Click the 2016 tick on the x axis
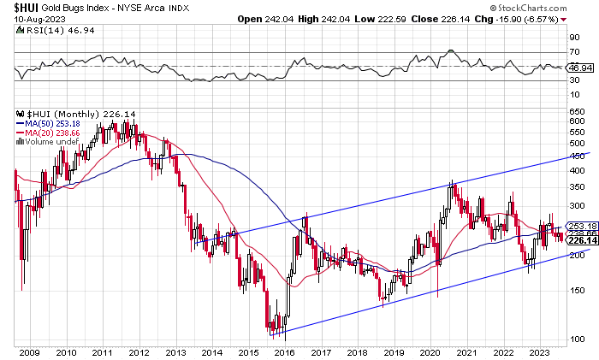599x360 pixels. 286,351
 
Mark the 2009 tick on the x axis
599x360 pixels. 31,351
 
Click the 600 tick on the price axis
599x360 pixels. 578,121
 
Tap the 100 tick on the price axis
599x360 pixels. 578,339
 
